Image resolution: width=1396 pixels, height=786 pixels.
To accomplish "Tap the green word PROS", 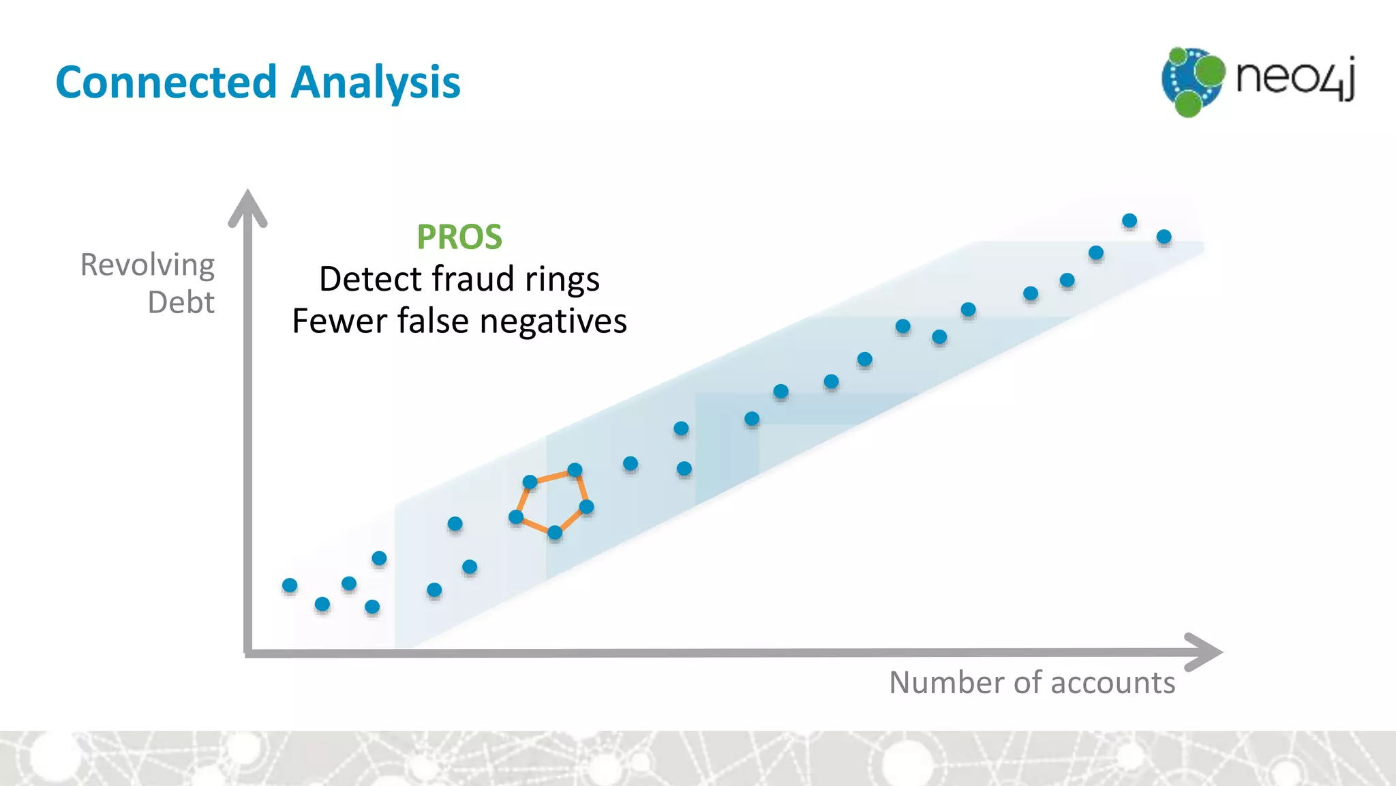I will coord(459,237).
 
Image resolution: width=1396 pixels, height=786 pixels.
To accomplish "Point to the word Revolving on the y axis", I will coord(147,265).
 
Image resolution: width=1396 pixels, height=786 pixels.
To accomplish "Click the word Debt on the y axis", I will coord(181,302).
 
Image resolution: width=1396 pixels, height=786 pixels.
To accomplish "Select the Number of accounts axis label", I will coord(1032,682).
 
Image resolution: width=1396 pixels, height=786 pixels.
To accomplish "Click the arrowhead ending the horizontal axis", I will coord(1203,652).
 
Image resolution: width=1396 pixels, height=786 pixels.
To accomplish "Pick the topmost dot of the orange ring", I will coord(575,469).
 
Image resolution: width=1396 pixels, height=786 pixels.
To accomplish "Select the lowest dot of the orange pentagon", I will coord(555,532).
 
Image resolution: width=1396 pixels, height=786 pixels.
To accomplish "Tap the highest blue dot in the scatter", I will coord(1129,220).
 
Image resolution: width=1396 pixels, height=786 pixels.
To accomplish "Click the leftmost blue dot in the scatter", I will coord(290,585).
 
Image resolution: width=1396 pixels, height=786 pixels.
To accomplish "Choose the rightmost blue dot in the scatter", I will coord(1164,237).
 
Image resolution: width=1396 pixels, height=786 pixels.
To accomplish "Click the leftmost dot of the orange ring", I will coord(516,517).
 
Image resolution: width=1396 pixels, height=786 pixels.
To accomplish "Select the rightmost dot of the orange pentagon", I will coord(586,506).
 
